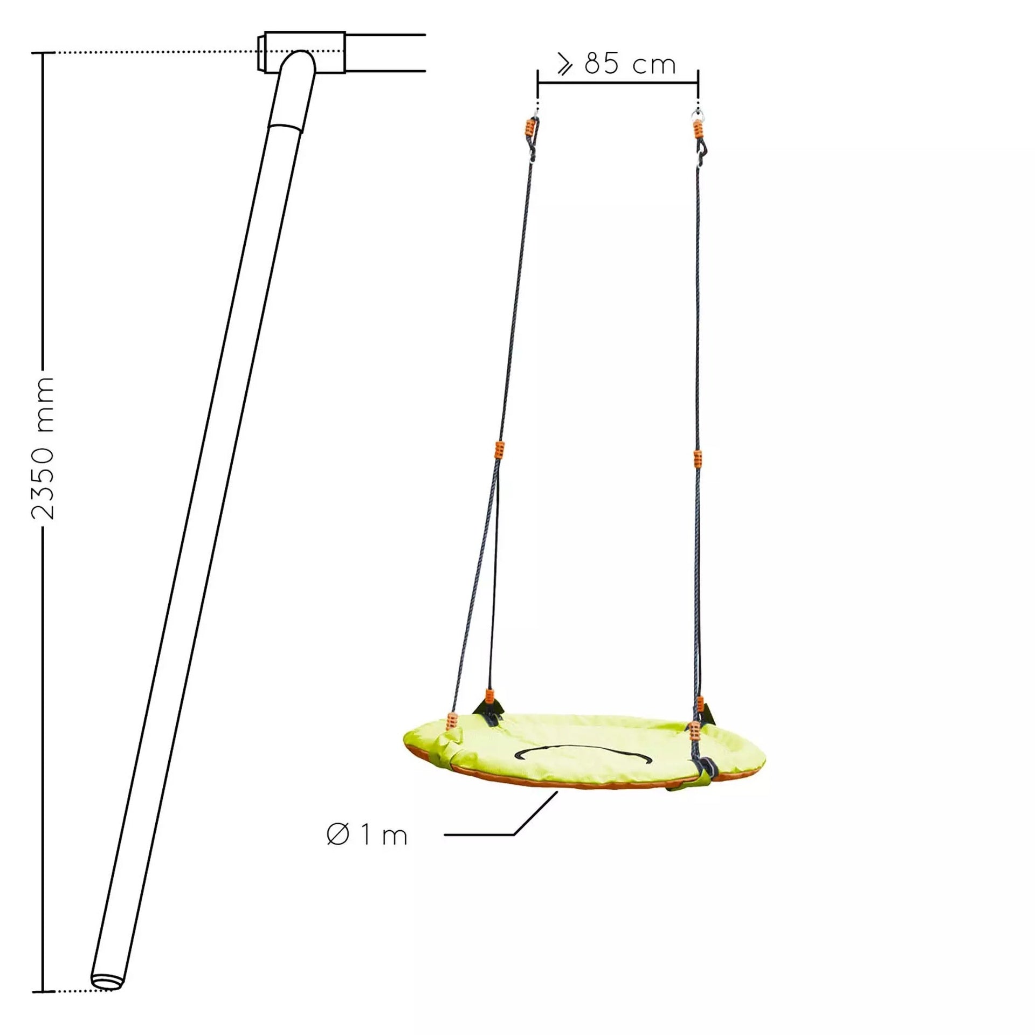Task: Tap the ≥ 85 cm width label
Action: pyautogui.click(x=618, y=65)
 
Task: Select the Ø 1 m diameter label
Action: pyautogui.click(x=367, y=836)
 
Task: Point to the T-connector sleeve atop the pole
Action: pyautogui.click(x=301, y=52)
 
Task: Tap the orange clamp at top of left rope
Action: pyautogui.click(x=530, y=129)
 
